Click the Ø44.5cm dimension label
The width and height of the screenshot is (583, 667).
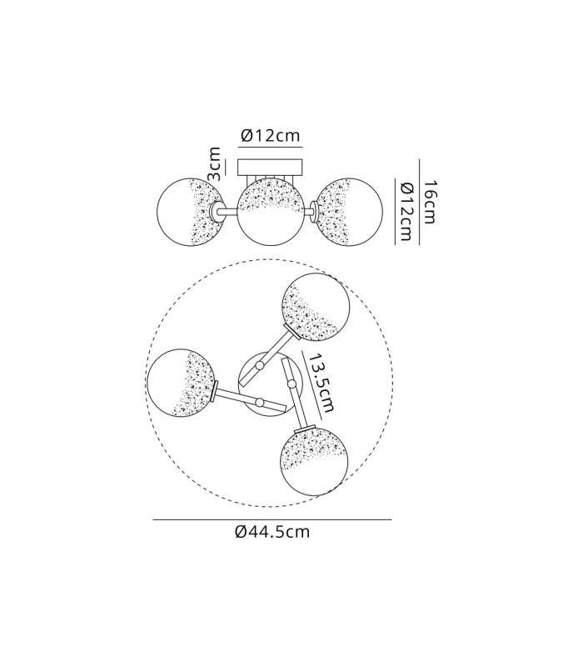(272, 531)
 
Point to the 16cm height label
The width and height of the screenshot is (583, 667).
(430, 202)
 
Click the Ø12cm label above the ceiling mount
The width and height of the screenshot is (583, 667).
(270, 135)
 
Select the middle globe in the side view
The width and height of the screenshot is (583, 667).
(270, 212)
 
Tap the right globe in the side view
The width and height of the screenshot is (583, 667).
(349, 212)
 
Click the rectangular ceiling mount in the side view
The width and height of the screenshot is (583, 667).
(270, 168)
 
